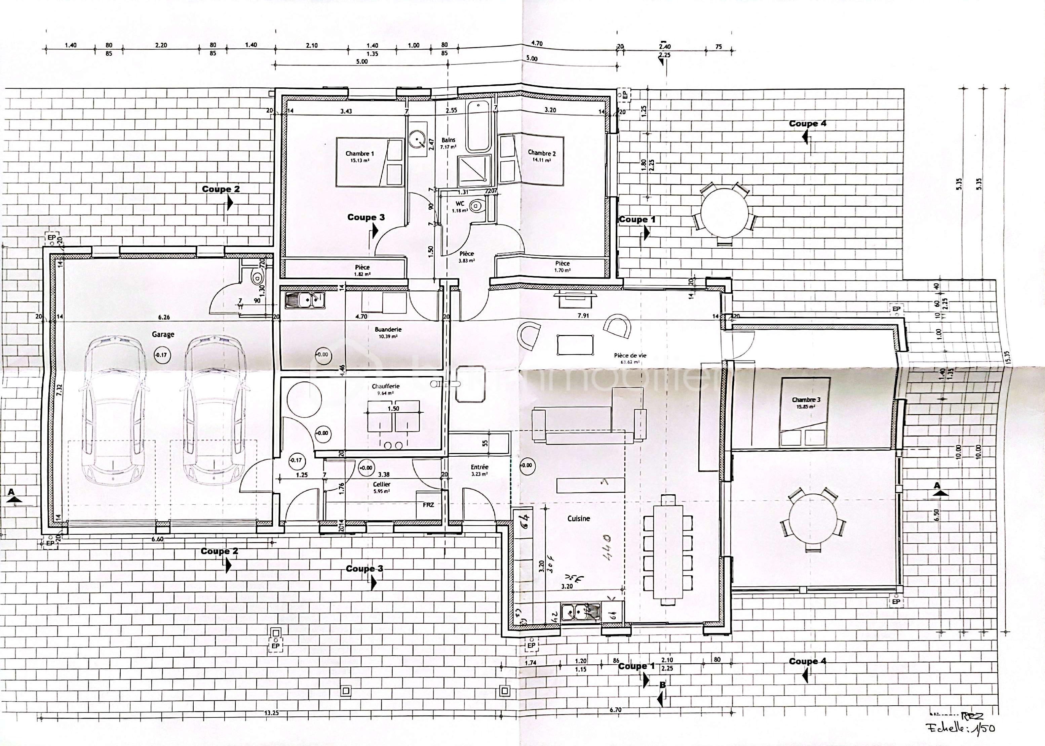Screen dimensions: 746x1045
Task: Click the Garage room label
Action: click(163, 334)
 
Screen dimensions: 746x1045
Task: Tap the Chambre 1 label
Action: click(360, 154)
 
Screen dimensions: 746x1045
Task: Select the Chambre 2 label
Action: click(541, 153)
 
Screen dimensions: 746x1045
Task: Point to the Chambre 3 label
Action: click(806, 400)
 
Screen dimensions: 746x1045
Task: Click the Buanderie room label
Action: click(388, 329)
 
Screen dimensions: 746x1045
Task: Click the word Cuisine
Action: click(579, 518)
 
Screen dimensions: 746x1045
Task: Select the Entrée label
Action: click(479, 467)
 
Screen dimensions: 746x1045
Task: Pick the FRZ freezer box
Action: click(428, 504)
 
